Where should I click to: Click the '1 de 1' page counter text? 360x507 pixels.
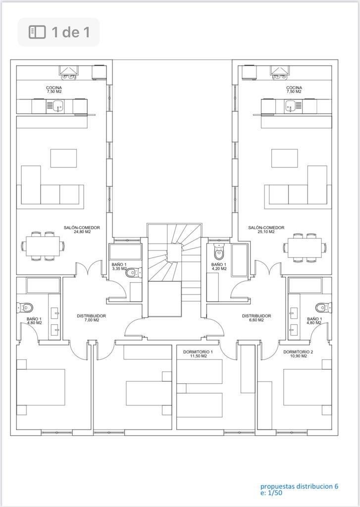(x=71, y=32)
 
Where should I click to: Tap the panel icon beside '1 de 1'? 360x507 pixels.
(x=37, y=32)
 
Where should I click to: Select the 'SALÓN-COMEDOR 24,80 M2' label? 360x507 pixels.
(x=82, y=230)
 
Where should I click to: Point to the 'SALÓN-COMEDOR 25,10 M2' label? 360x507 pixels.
(x=266, y=230)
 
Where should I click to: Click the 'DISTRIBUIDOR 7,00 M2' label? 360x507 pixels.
(x=91, y=318)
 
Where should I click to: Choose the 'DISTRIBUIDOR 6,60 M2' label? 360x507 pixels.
(x=257, y=318)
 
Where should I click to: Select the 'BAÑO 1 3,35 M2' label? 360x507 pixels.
(x=119, y=266)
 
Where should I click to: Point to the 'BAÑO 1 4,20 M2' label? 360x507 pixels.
(x=219, y=266)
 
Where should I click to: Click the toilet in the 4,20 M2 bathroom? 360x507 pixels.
(x=219, y=252)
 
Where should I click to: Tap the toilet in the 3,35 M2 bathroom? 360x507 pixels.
(x=133, y=273)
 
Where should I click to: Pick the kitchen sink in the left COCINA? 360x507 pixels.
(x=58, y=106)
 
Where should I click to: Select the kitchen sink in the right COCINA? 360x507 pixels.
(x=290, y=106)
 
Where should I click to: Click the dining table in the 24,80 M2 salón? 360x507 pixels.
(x=43, y=246)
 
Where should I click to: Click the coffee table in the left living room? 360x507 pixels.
(x=63, y=158)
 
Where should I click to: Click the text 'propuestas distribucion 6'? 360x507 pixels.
(x=299, y=486)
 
